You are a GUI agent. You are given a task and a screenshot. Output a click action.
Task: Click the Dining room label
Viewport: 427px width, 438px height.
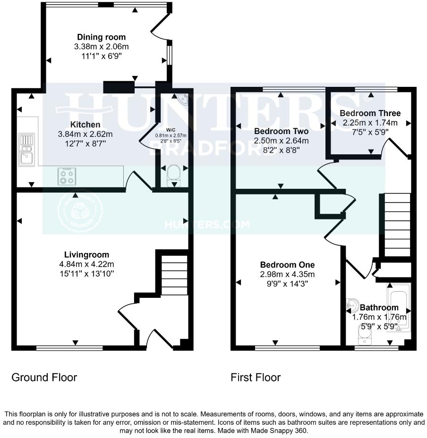tap(102, 37)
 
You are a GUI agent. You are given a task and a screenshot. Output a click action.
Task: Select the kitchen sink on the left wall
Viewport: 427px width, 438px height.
tap(26, 150)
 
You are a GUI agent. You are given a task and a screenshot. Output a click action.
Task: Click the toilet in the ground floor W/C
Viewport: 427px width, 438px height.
tap(174, 173)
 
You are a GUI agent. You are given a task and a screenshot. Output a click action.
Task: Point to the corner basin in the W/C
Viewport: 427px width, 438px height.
tap(181, 98)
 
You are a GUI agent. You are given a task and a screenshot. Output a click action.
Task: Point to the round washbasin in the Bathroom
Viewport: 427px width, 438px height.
tap(351, 305)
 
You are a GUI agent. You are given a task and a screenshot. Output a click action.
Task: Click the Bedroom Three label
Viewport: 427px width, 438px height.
tap(370, 113)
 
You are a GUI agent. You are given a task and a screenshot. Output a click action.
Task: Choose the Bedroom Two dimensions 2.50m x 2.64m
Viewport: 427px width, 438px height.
tap(281, 141)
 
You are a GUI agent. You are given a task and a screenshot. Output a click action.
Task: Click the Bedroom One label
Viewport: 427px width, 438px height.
tap(287, 265)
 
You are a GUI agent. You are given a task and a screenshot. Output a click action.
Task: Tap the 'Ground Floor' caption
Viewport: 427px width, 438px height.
tap(44, 378)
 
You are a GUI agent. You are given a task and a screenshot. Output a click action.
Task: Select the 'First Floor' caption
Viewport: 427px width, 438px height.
tap(256, 378)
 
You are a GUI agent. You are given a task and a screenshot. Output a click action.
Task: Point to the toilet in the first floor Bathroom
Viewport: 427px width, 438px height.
tap(363, 336)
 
